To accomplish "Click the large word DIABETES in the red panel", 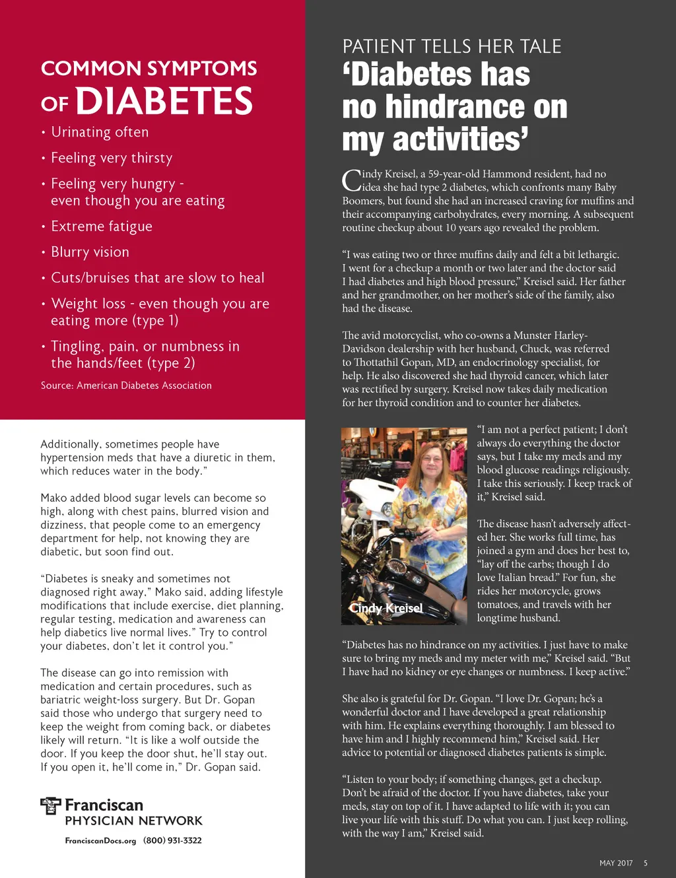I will tap(164, 102).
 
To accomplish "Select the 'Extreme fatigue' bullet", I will tap(102, 226).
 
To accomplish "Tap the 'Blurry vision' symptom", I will tap(90, 252).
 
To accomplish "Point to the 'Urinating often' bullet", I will tap(100, 132).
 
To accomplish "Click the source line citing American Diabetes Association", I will tap(126, 386).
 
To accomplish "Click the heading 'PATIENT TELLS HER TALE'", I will tap(452, 47).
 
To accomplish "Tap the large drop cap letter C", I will tap(351, 180).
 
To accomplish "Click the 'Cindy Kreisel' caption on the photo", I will tap(386, 608).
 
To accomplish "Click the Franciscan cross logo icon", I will tap(50, 805).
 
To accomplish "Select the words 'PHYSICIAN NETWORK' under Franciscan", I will tap(133, 821).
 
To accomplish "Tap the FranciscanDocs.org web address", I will tap(100, 841).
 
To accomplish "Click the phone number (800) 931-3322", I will tap(172, 840).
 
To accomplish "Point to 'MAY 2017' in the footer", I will tap(615, 863).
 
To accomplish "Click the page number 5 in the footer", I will tap(646, 863).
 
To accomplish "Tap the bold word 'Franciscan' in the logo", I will tap(104, 805).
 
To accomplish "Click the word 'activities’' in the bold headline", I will tap(460, 139).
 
